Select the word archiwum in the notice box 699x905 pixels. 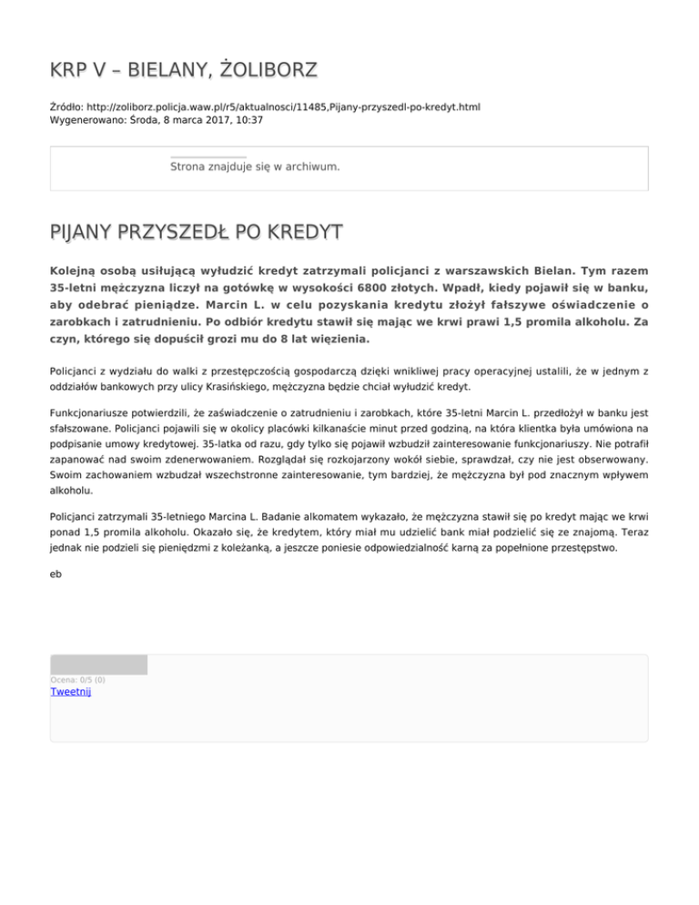(x=311, y=168)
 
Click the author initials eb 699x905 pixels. (x=56, y=575)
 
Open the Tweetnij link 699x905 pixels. (x=71, y=692)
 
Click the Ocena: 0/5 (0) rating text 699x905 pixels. (x=77, y=679)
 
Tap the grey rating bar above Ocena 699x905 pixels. (x=98, y=665)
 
